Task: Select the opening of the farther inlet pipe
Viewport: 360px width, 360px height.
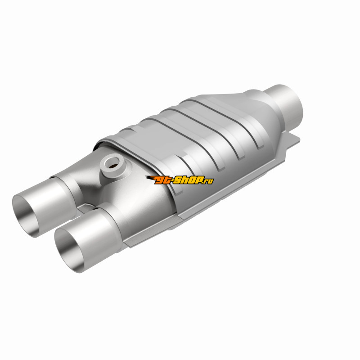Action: pyautogui.click(x=27, y=216)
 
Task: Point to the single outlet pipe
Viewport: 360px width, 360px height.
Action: pyautogui.click(x=284, y=104)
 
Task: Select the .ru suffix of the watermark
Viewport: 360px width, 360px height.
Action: pyautogui.click(x=208, y=181)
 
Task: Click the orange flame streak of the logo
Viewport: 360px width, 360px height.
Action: pyautogui.click(x=151, y=178)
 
